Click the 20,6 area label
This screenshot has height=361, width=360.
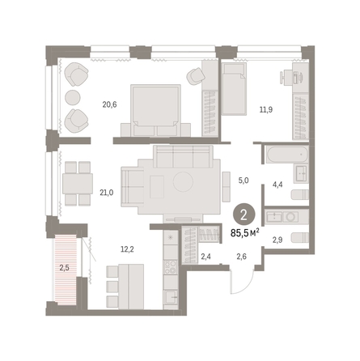[109, 104]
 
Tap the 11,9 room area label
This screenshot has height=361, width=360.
[266, 109]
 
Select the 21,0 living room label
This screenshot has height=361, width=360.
[107, 193]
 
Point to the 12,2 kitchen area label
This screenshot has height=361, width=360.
[127, 249]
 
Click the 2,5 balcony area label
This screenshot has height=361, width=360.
[64, 269]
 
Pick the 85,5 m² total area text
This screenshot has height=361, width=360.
[245, 232]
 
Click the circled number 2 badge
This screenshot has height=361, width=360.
[244, 215]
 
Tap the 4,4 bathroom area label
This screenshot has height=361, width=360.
[277, 185]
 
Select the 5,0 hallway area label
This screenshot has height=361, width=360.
[244, 180]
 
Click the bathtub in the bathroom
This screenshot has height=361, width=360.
[287, 155]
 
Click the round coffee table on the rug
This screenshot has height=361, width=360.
[183, 182]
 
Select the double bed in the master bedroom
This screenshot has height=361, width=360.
[155, 111]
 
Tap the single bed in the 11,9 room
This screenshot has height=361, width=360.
[234, 89]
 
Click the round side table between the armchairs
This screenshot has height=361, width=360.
[73, 97]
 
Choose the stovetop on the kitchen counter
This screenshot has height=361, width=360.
[171, 267]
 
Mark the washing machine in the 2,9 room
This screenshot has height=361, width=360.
[291, 217]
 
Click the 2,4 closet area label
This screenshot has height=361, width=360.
[206, 257]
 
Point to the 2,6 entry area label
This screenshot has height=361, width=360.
[241, 257]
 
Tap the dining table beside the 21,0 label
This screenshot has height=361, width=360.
[78, 184]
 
